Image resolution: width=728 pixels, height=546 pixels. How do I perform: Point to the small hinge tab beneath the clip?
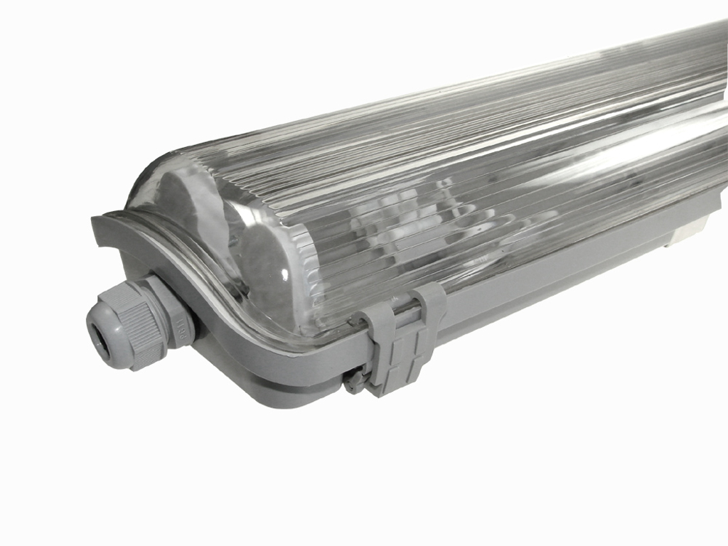pos(353,383)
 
